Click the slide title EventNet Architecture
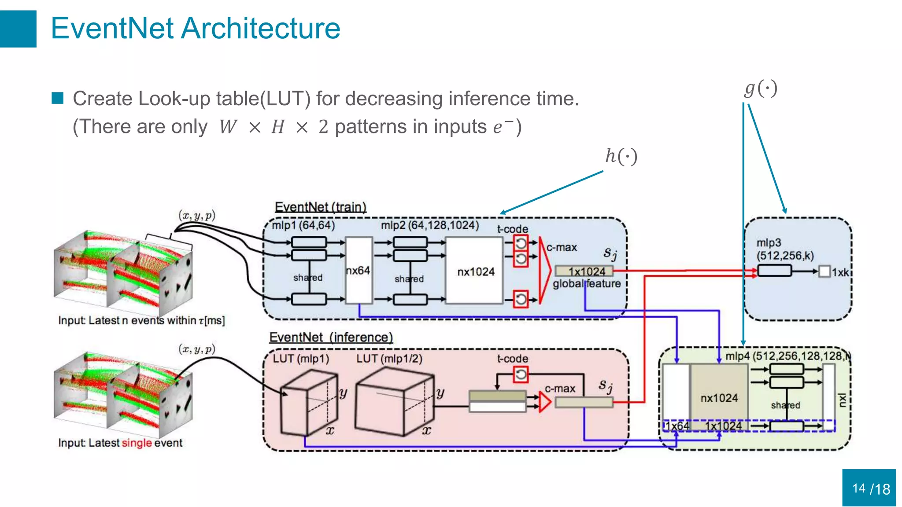click(195, 29)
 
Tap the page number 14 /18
click(870, 489)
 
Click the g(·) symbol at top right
click(761, 88)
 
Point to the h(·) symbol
click(621, 156)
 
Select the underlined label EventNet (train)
click(320, 207)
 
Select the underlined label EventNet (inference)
click(331, 337)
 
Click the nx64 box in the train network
click(359, 270)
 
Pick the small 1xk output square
click(824, 272)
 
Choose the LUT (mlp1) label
click(301, 359)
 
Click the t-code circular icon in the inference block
click(521, 375)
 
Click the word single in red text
click(137, 443)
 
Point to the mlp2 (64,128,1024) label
click(429, 225)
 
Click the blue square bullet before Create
click(57, 98)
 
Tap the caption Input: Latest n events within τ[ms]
click(141, 320)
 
